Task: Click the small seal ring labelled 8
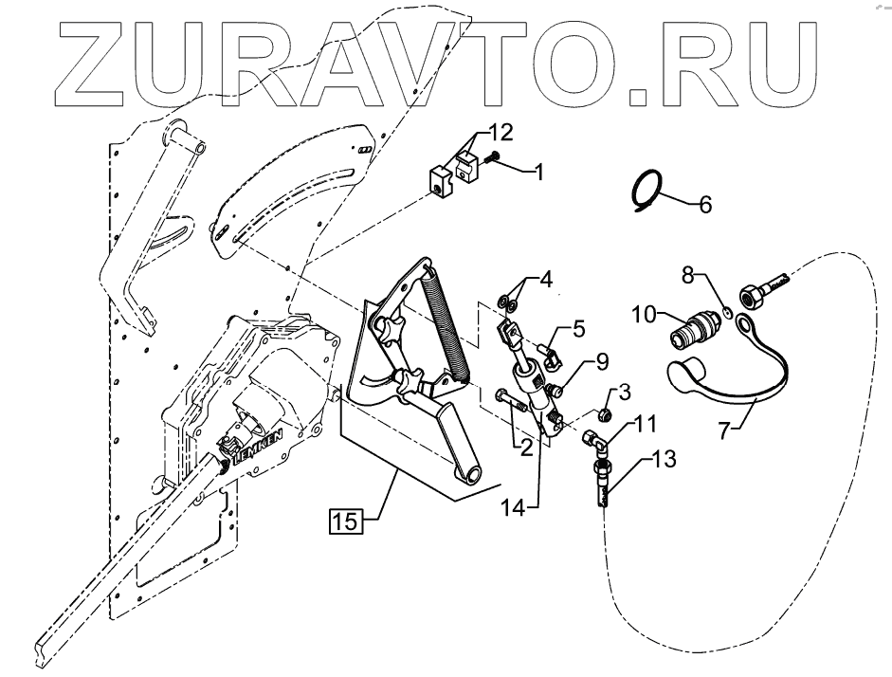click(724, 309)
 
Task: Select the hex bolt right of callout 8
click(759, 295)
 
